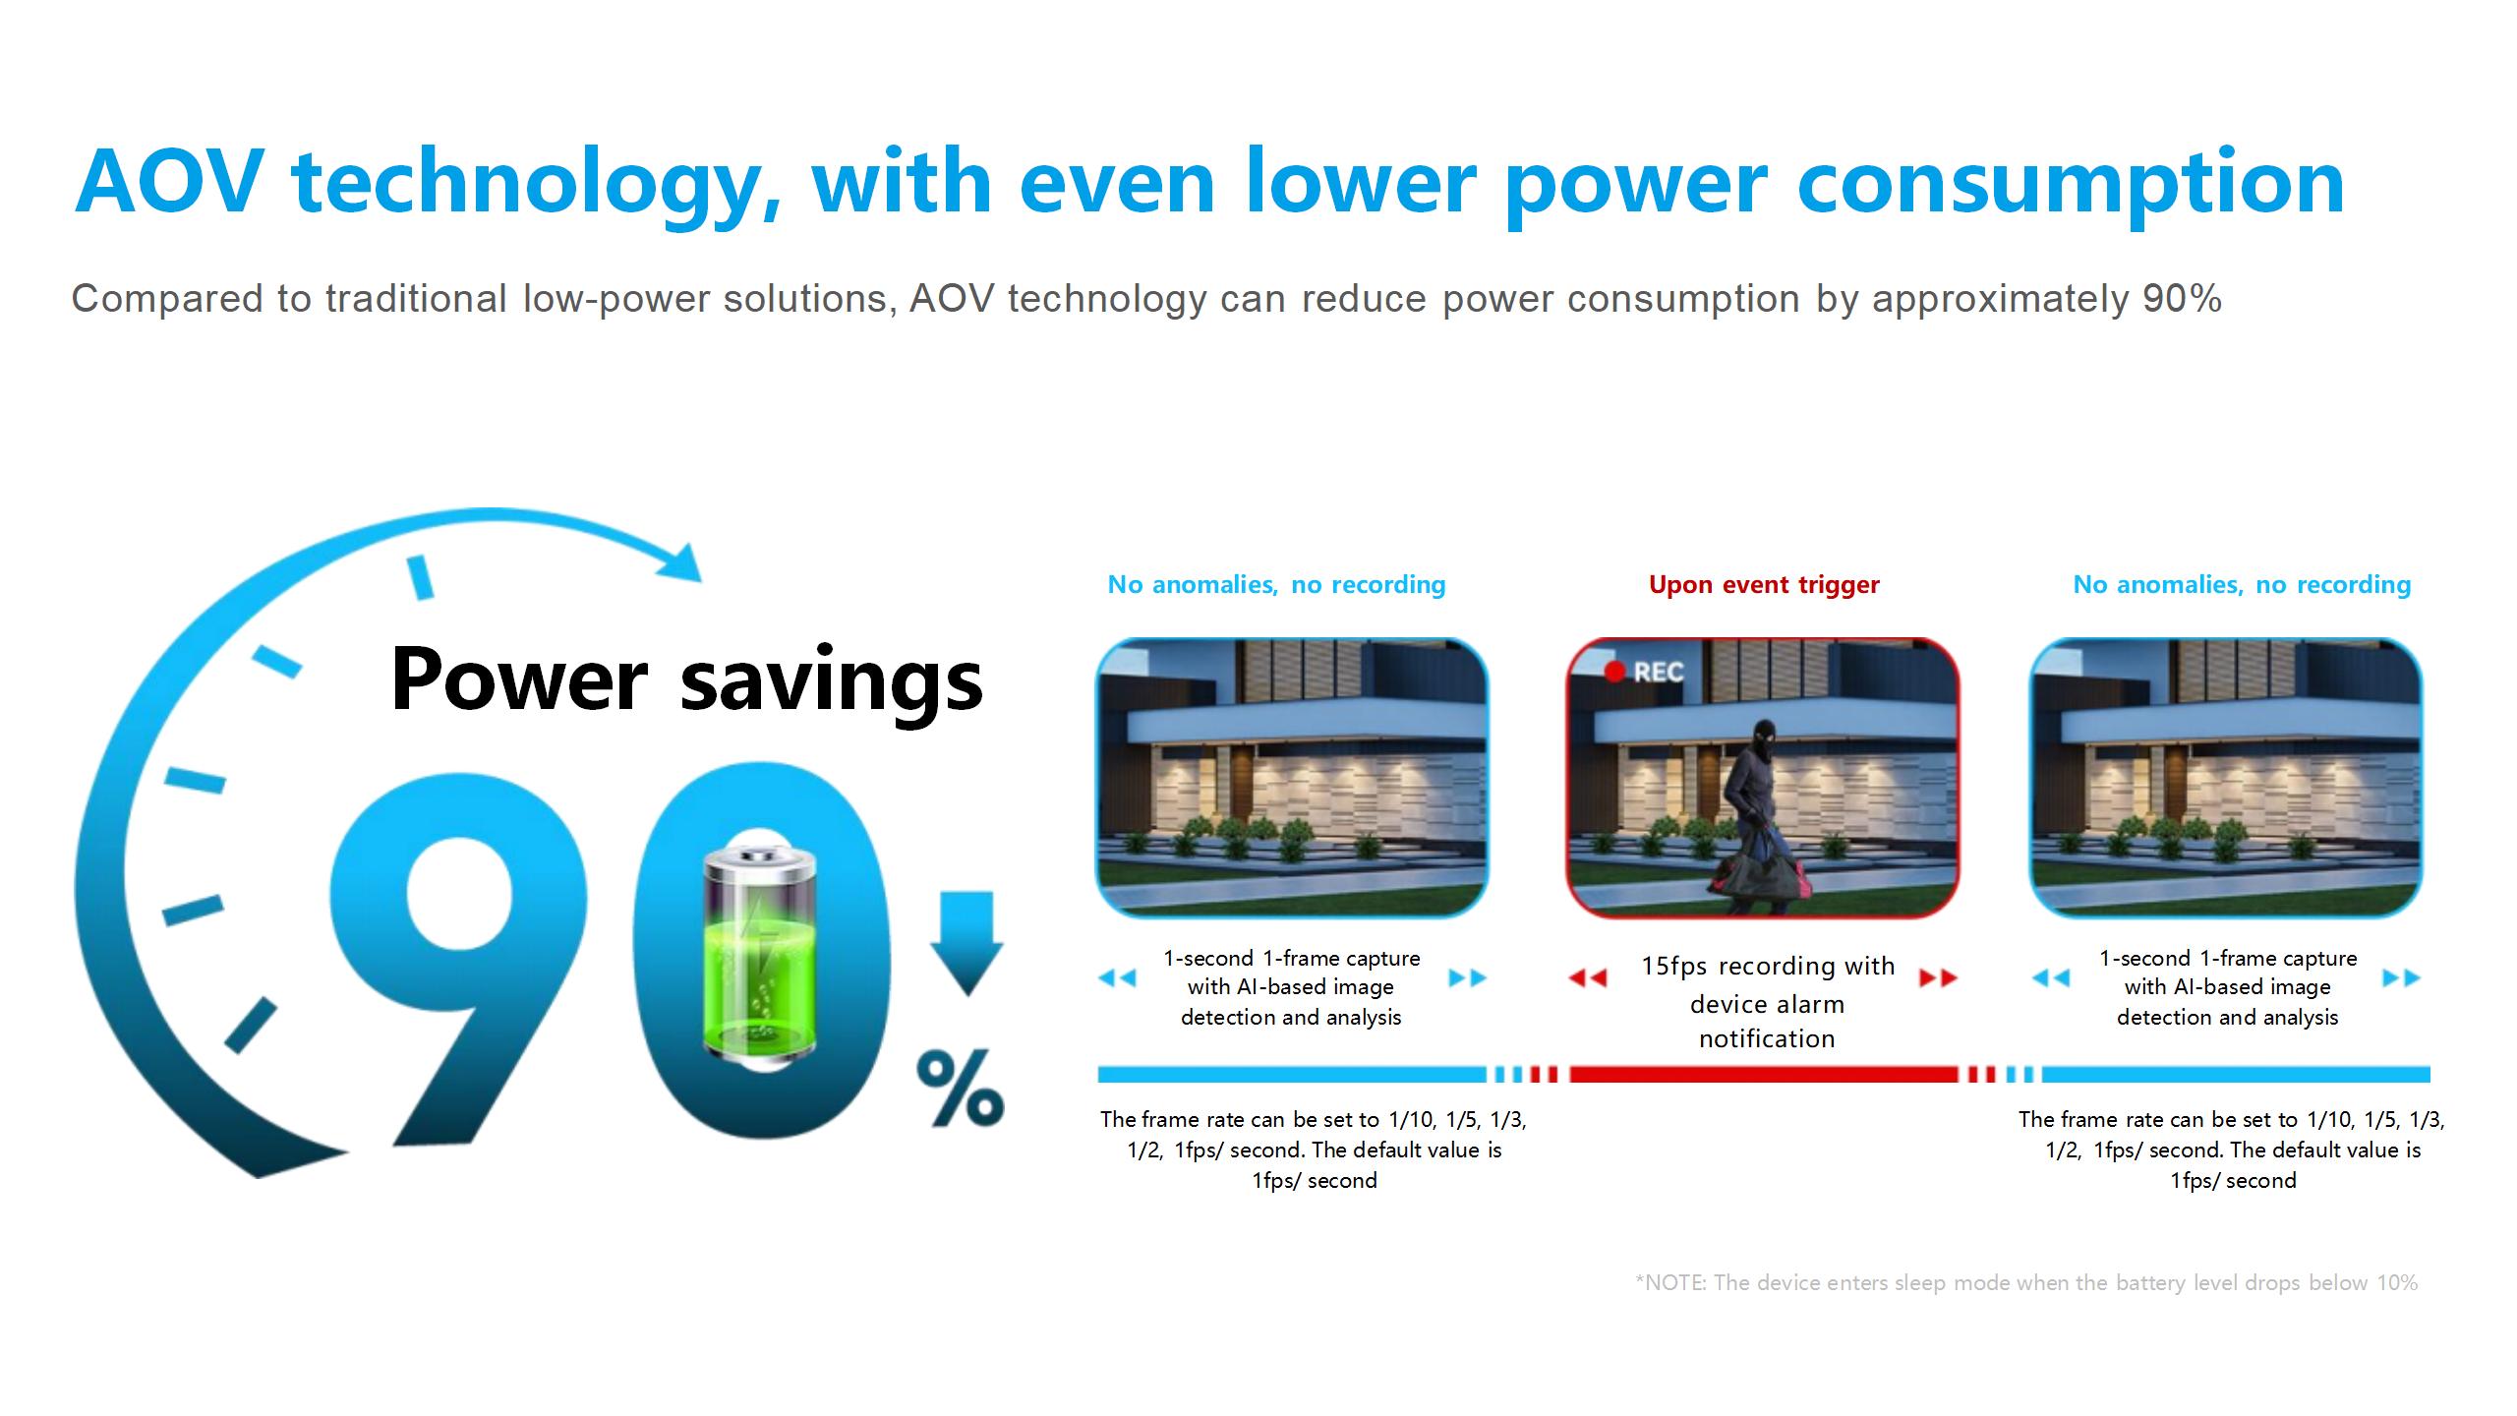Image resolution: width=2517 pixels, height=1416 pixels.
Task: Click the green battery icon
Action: click(x=760, y=954)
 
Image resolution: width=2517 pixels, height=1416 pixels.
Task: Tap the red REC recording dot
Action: click(x=1613, y=672)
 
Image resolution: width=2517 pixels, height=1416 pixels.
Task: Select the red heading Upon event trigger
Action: click(x=1764, y=585)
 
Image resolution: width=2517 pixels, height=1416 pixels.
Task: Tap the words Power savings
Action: click(x=686, y=680)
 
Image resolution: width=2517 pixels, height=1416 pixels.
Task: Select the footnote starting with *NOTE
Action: click(x=2026, y=1282)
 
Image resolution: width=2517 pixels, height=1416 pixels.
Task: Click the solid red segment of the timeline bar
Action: click(x=1763, y=1074)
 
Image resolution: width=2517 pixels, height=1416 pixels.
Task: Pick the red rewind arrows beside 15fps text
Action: click(x=1588, y=977)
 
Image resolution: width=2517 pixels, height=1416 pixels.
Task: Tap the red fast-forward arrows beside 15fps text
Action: click(x=1938, y=977)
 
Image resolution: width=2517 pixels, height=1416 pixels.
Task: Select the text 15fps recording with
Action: click(x=1767, y=966)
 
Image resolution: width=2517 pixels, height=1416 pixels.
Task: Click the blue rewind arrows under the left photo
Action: click(x=1117, y=977)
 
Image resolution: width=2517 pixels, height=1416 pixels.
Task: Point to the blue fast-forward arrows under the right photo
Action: click(x=2402, y=977)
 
